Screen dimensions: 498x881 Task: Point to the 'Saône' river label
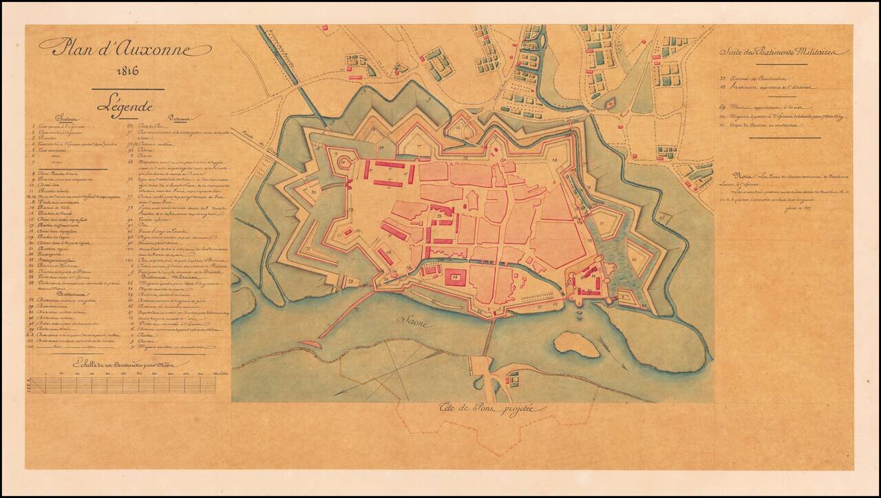pyautogui.click(x=416, y=321)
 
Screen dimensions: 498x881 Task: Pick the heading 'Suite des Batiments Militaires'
pyautogui.click(x=784, y=52)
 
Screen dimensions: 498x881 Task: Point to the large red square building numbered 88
pyautogui.click(x=454, y=278)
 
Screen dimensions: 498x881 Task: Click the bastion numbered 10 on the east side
pyautogui.click(x=634, y=262)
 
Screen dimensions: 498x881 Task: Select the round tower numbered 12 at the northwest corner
pyautogui.click(x=343, y=162)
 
